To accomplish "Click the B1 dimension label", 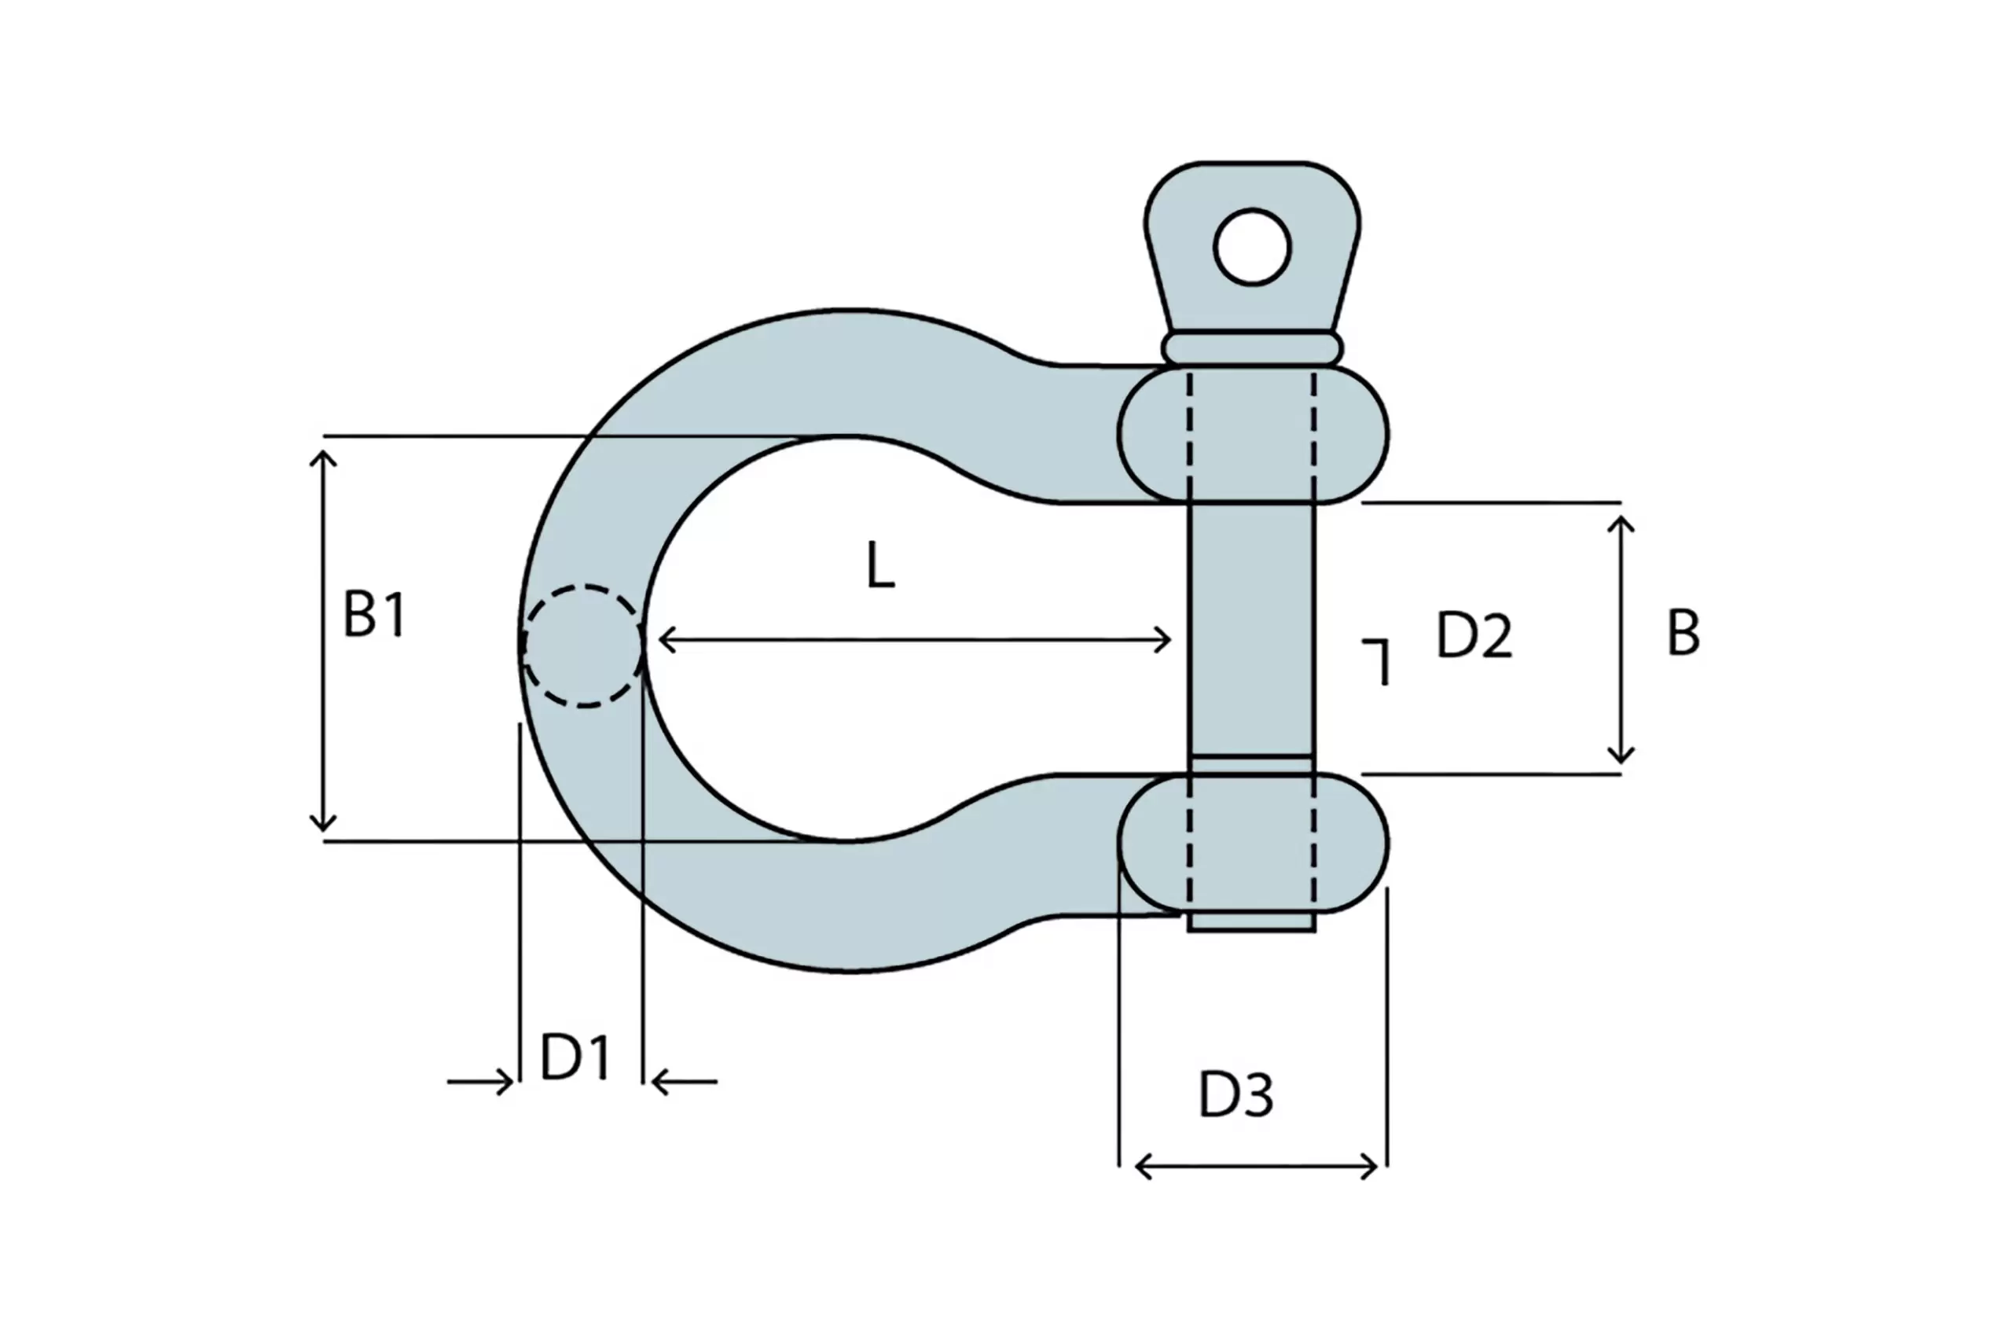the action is (x=375, y=614).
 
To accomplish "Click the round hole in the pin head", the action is (x=1251, y=247).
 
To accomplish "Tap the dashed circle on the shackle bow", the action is (x=582, y=646).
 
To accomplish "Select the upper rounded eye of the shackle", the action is (x=1252, y=434).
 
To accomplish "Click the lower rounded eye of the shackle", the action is (x=1252, y=843).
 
